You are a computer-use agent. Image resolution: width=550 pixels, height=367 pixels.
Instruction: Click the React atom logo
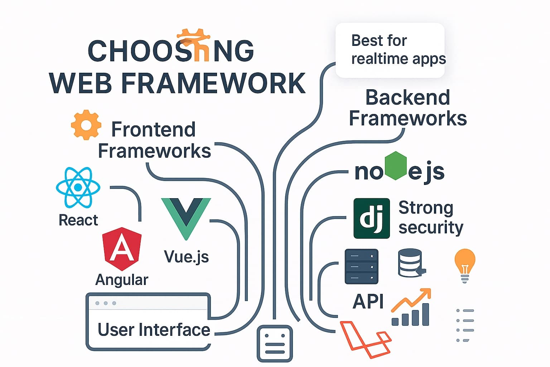(x=78, y=187)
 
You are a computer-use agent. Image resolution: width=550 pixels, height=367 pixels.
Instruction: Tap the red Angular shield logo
(x=122, y=248)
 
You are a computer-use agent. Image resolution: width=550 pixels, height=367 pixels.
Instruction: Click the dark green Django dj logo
(x=371, y=218)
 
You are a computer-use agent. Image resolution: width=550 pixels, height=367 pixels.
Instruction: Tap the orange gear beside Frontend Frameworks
(x=86, y=125)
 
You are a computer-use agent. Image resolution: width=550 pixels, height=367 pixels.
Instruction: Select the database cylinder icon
(x=410, y=263)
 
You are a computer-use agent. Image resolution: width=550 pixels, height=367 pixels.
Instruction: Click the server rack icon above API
(x=361, y=267)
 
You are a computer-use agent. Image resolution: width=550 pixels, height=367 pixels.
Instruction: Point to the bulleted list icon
(x=465, y=325)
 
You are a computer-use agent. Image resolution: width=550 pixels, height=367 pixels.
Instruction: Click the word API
(x=368, y=301)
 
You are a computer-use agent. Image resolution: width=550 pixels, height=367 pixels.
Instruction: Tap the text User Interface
(x=154, y=330)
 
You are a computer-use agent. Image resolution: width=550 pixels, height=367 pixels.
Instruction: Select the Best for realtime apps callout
(x=390, y=50)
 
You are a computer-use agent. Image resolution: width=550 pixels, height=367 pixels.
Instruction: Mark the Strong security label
(x=430, y=218)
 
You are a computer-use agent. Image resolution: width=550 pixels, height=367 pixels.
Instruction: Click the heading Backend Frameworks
(x=408, y=108)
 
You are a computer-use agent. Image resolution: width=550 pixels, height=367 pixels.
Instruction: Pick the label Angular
(x=122, y=280)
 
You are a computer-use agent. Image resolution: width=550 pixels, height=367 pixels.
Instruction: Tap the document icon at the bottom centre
(x=275, y=343)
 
